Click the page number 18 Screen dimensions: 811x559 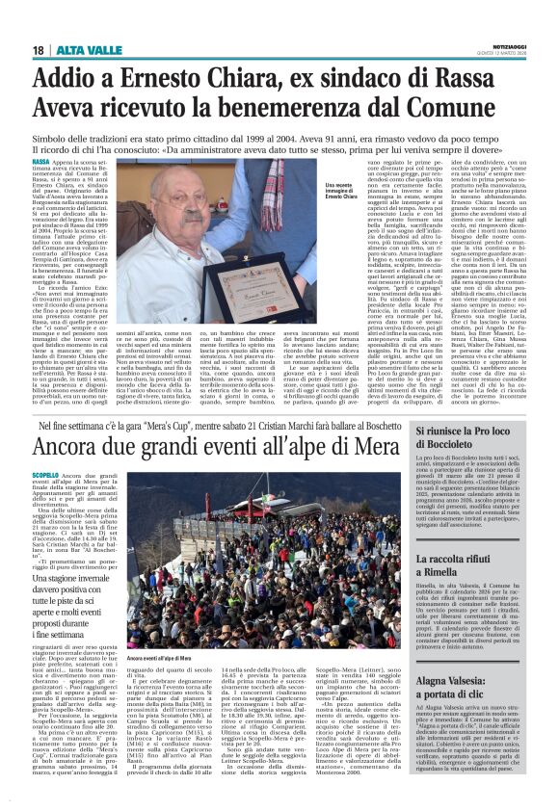[39, 22]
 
